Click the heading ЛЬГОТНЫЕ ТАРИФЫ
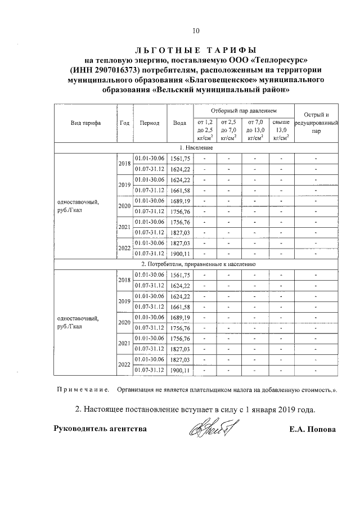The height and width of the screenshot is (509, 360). point(195,49)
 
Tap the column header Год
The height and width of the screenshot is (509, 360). point(124,123)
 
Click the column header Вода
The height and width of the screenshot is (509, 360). point(180,123)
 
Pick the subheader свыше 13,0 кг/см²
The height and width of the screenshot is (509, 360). point(281,129)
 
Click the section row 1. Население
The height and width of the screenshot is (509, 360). point(196,147)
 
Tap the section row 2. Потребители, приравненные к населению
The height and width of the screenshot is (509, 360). point(196,263)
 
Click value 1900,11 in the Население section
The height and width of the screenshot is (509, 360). point(180,254)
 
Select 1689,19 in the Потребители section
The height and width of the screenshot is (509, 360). point(180,318)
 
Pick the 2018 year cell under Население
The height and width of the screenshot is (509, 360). point(124,164)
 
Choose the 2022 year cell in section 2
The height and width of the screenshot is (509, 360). point(124,364)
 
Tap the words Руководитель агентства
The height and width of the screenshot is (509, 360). point(100,429)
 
